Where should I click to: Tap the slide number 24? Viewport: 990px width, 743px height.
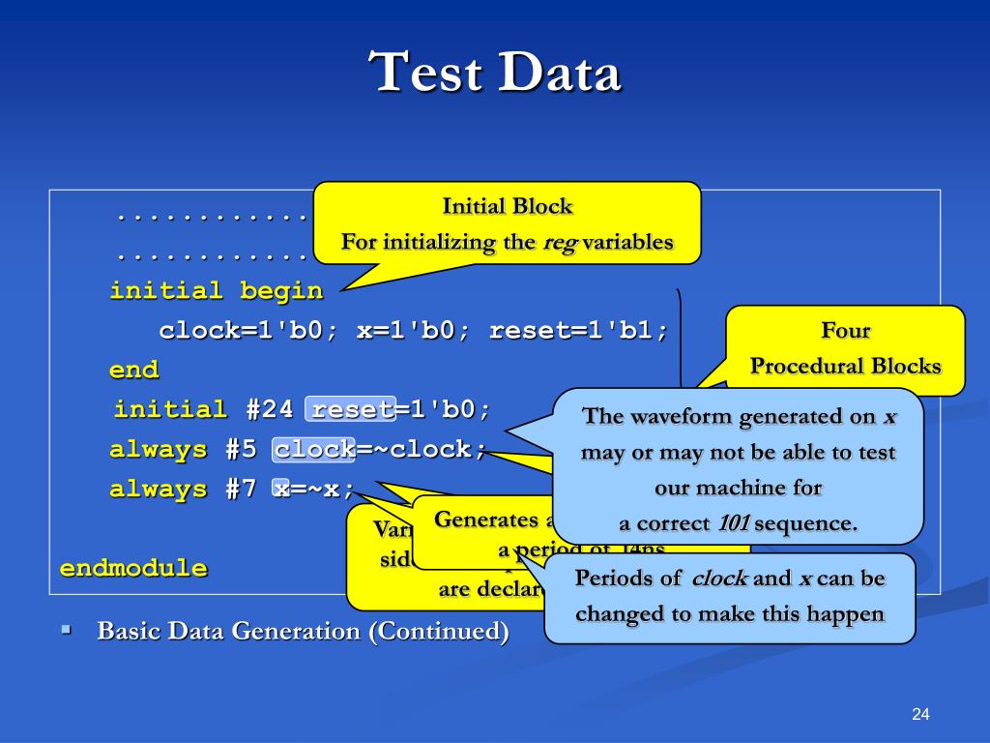919,714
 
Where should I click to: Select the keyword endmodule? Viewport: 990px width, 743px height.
133,568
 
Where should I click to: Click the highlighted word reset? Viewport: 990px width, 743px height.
349,409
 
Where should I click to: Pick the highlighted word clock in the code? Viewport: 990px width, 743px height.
314,450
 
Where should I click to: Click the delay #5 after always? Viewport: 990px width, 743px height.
241,450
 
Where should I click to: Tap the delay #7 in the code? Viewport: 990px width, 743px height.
241,490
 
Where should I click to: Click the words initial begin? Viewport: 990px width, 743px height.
216,290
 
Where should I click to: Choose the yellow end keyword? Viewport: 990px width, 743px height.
133,370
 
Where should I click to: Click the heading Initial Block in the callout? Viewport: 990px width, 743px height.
507,206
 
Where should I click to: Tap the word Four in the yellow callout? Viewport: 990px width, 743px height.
845,331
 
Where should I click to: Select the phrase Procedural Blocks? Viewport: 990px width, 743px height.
845,367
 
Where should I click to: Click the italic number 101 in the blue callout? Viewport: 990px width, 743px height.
733,524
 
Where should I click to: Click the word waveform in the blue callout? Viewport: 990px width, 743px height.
677,417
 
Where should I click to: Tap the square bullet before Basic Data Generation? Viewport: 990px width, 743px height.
67,630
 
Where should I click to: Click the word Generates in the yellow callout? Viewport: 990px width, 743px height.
483,520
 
